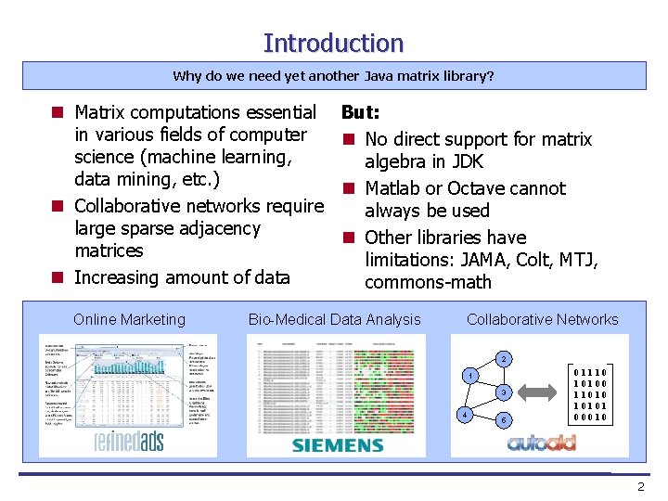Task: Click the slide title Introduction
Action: pos(333,43)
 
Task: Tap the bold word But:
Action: pos(360,112)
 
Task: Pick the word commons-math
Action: pos(428,282)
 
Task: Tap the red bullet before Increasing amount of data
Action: pos(58,277)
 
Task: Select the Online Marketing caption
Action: pos(129,320)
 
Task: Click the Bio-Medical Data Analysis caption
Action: pos(334,320)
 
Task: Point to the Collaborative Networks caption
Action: pos(542,320)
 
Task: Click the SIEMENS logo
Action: pos(338,445)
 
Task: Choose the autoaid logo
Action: pos(541,443)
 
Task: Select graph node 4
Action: pos(464,414)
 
